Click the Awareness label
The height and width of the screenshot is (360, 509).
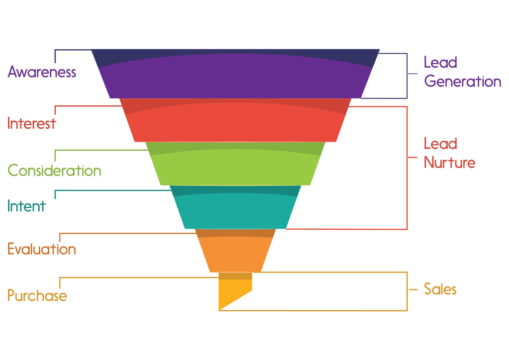(42, 72)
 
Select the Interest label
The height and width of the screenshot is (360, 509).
(31, 123)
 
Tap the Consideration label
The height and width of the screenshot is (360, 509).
(54, 171)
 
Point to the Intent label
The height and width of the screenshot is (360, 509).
(26, 206)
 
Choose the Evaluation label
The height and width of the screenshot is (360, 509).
(42, 249)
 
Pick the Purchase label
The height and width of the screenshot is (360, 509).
(37, 295)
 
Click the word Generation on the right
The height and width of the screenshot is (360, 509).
(463, 81)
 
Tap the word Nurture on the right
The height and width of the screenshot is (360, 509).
(449, 162)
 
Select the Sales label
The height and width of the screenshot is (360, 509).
(440, 289)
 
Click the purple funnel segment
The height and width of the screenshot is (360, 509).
(235, 74)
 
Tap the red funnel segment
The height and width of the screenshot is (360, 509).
(235, 120)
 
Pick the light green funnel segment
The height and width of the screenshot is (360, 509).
(235, 164)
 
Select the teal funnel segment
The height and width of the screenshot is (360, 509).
(235, 207)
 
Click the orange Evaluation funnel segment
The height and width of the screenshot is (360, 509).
(235, 251)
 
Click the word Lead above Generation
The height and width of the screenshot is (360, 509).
(440, 62)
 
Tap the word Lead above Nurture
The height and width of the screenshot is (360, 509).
(440, 144)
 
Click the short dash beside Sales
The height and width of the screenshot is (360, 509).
(413, 289)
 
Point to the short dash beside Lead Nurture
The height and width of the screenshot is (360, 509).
(413, 158)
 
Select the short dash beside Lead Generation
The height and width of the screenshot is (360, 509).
(413, 74)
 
